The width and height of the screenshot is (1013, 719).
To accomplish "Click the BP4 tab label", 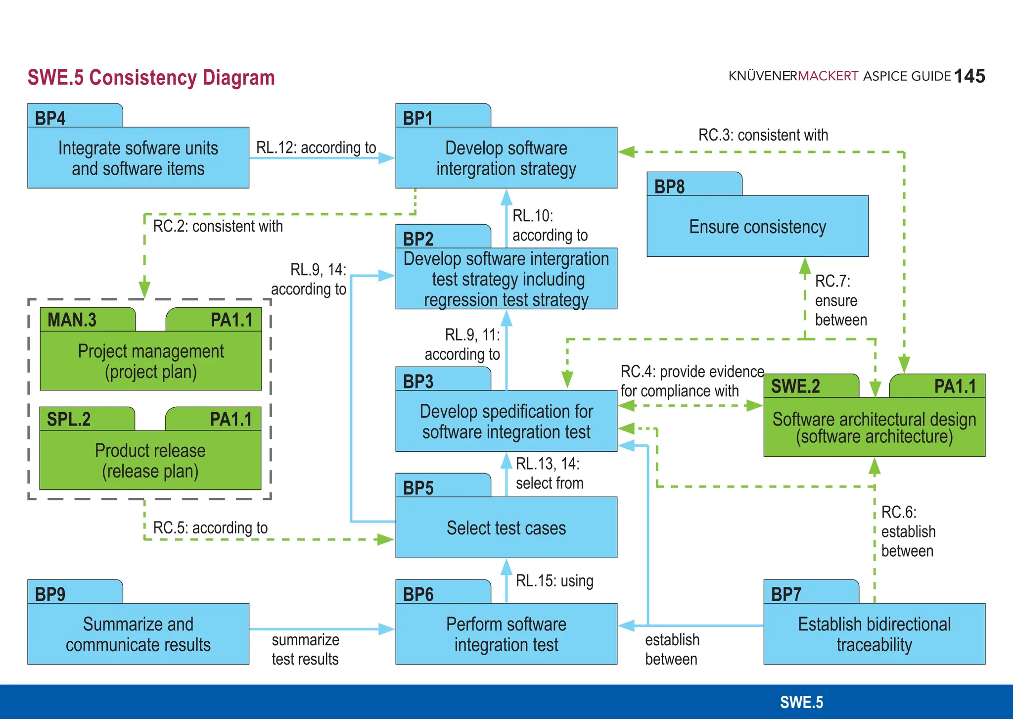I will point(50,118).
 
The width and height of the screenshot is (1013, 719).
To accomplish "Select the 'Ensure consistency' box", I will point(757,227).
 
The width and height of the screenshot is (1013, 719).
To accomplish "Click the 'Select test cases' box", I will point(506,527).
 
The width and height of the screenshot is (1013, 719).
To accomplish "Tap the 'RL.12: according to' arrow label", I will point(316,147).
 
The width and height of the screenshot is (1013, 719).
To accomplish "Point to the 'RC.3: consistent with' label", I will point(763,135).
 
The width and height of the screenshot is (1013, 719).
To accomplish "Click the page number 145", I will point(969,76).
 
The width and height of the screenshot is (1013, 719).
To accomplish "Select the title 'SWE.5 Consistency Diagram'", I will point(151,78).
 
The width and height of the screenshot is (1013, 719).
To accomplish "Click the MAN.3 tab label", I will point(72,320).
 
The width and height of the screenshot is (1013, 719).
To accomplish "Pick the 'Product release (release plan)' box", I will point(150,460).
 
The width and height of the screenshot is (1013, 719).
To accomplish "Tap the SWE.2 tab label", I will point(795,386).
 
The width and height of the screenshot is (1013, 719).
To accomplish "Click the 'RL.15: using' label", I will point(554,580).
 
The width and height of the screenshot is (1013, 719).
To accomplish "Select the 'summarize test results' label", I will point(305,649).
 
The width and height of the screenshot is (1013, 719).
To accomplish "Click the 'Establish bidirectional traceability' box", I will point(874,634).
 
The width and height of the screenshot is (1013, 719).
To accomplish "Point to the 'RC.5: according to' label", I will point(210,527).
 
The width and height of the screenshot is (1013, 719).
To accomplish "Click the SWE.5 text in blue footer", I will point(801,702).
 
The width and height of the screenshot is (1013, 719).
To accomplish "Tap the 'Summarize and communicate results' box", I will point(138,634).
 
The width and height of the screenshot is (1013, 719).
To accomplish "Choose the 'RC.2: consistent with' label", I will point(218,226).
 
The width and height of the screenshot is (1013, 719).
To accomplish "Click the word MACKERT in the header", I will point(828,76).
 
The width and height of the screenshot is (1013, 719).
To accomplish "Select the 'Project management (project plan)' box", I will point(150,361).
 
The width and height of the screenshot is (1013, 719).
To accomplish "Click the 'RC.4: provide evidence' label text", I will point(692,371).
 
